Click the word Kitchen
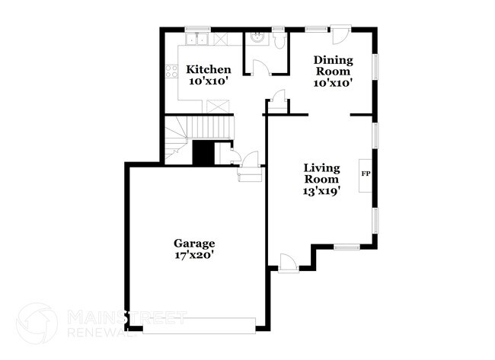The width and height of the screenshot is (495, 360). (x=209, y=70)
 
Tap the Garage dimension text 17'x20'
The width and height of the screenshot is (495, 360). (x=193, y=256)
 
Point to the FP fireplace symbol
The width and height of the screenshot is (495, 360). (x=366, y=174)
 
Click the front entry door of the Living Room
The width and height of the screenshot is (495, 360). (x=288, y=263)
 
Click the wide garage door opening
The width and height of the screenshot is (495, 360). (x=200, y=326)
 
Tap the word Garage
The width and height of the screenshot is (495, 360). (x=193, y=244)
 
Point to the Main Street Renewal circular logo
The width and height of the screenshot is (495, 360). (x=37, y=323)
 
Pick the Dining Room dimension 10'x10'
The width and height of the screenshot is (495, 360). (x=334, y=83)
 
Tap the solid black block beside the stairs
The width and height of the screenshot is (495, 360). (x=203, y=152)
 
